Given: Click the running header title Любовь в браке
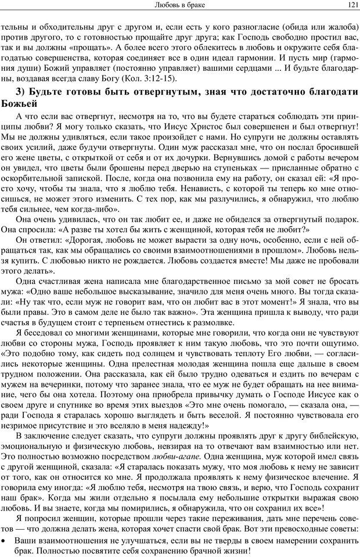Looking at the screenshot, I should pos(180,5).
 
